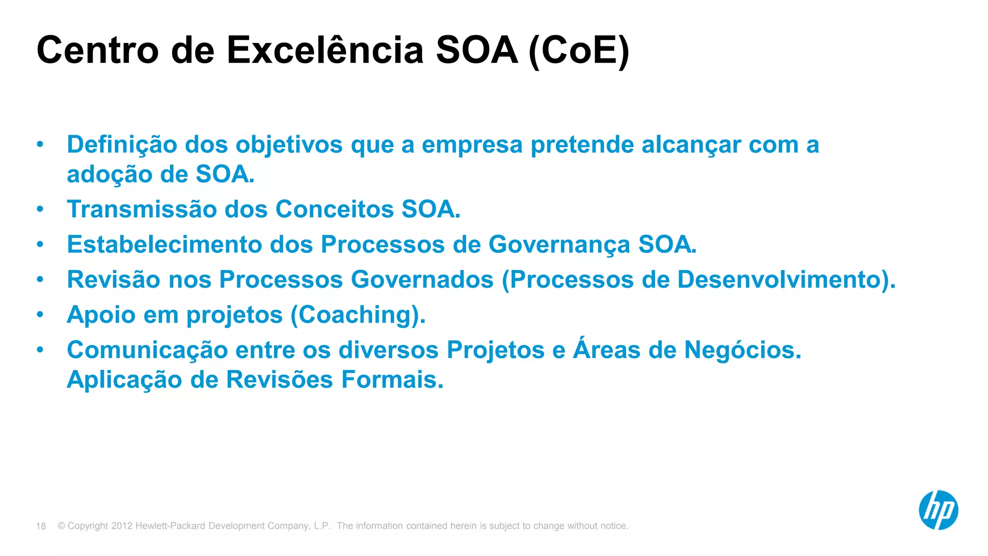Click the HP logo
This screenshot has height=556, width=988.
click(938, 510)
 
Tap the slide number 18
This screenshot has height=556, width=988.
click(41, 526)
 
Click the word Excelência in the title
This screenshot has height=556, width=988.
click(325, 50)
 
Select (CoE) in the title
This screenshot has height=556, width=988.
click(579, 51)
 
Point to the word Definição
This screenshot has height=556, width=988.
click(122, 145)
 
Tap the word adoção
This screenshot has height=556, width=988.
click(110, 174)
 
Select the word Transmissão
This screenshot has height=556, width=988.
click(142, 209)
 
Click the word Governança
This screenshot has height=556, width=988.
click(559, 245)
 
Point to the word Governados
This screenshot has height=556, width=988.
click(422, 279)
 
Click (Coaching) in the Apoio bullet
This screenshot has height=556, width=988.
click(357, 315)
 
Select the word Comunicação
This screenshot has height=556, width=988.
click(147, 350)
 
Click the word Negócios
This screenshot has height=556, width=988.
click(742, 350)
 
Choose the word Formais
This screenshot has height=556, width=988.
click(392, 379)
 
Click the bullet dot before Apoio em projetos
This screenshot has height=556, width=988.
click(40, 315)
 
